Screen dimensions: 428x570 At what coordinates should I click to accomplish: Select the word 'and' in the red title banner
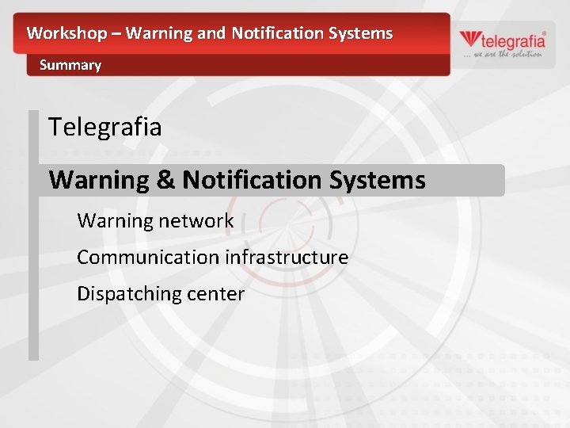point(209,33)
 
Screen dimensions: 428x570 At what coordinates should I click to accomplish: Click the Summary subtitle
point(70,65)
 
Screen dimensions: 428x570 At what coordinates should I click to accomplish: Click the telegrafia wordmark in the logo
point(511,39)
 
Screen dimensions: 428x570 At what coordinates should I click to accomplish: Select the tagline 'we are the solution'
point(511,54)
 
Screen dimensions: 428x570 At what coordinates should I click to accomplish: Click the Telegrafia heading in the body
point(104,127)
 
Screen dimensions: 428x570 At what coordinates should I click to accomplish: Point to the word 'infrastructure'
point(287,258)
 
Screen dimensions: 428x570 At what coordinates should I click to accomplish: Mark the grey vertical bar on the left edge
point(33,235)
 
